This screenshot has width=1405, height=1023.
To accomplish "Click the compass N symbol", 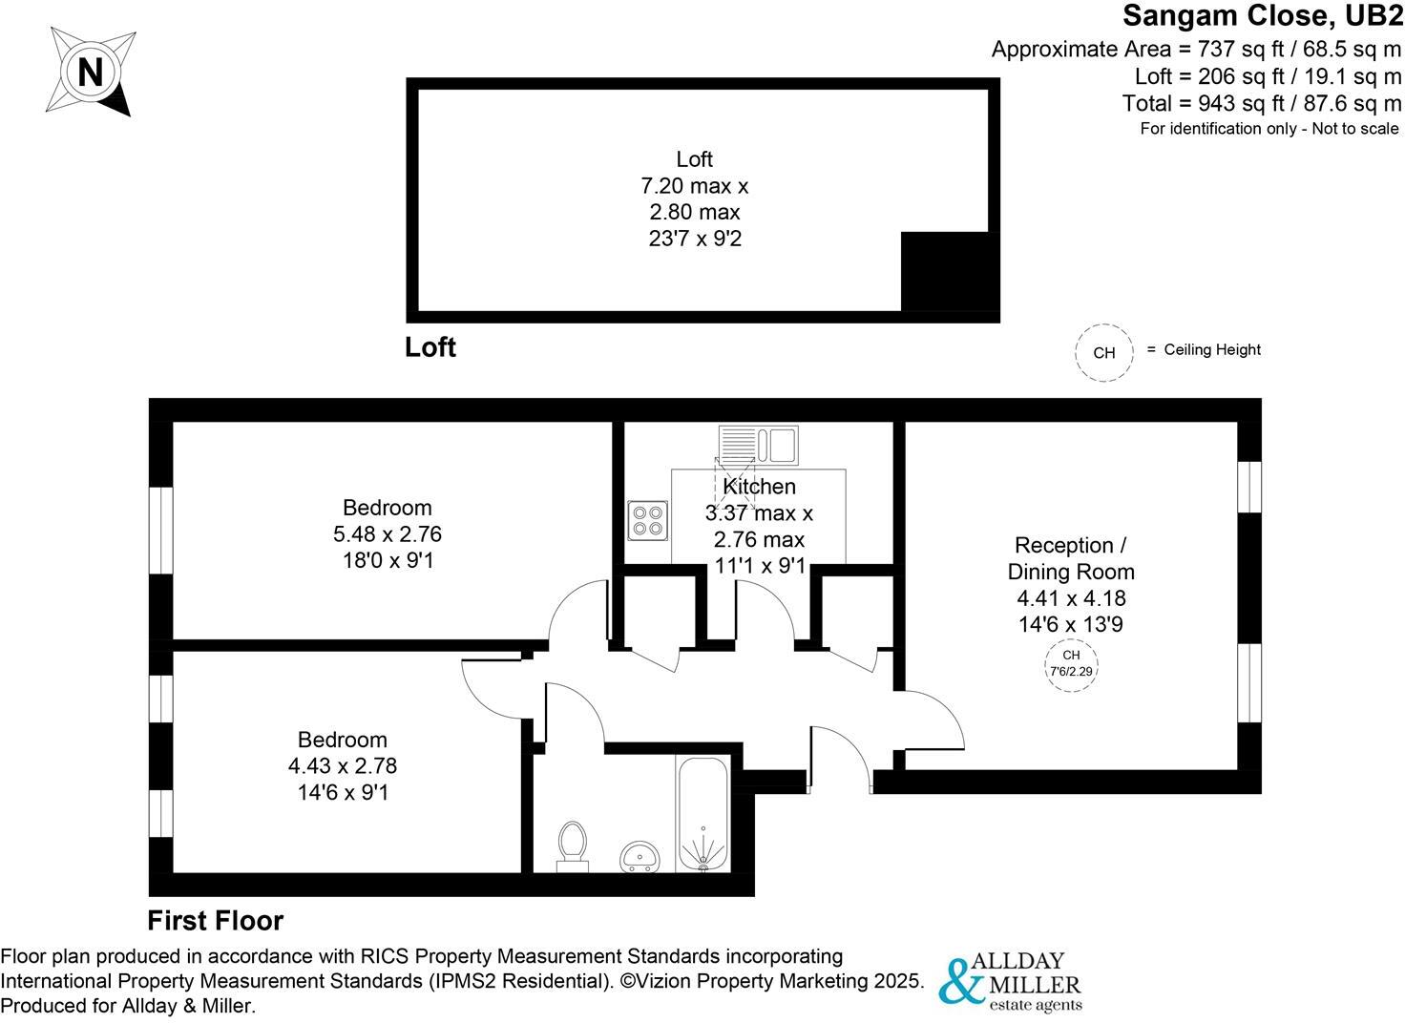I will (91, 73).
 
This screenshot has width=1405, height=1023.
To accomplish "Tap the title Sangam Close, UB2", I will (1261, 16).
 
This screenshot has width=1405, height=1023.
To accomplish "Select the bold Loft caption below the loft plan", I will (430, 347).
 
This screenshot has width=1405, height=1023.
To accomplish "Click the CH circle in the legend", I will (1103, 352).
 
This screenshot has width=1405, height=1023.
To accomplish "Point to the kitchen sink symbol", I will (758, 444).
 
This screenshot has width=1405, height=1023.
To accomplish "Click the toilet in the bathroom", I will (572, 846).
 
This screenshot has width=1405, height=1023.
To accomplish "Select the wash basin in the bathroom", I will (640, 856).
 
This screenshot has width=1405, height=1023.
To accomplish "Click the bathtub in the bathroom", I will (702, 814).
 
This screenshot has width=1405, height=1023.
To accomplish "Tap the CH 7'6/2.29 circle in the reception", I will (1071, 663).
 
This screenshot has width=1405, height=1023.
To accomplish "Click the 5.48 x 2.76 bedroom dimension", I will (388, 534).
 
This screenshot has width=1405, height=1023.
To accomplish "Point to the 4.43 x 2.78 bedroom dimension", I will (343, 765).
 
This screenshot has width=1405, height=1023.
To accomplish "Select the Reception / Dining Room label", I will (1071, 558).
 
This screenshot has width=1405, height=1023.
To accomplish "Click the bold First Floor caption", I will (216, 921).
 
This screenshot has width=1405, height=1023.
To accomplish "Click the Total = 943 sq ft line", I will (1261, 103).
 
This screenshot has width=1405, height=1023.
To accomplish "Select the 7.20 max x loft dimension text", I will (694, 186).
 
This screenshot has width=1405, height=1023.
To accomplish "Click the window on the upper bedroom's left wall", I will (160, 531).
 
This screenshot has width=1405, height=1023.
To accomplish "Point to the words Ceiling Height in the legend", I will (1212, 350).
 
